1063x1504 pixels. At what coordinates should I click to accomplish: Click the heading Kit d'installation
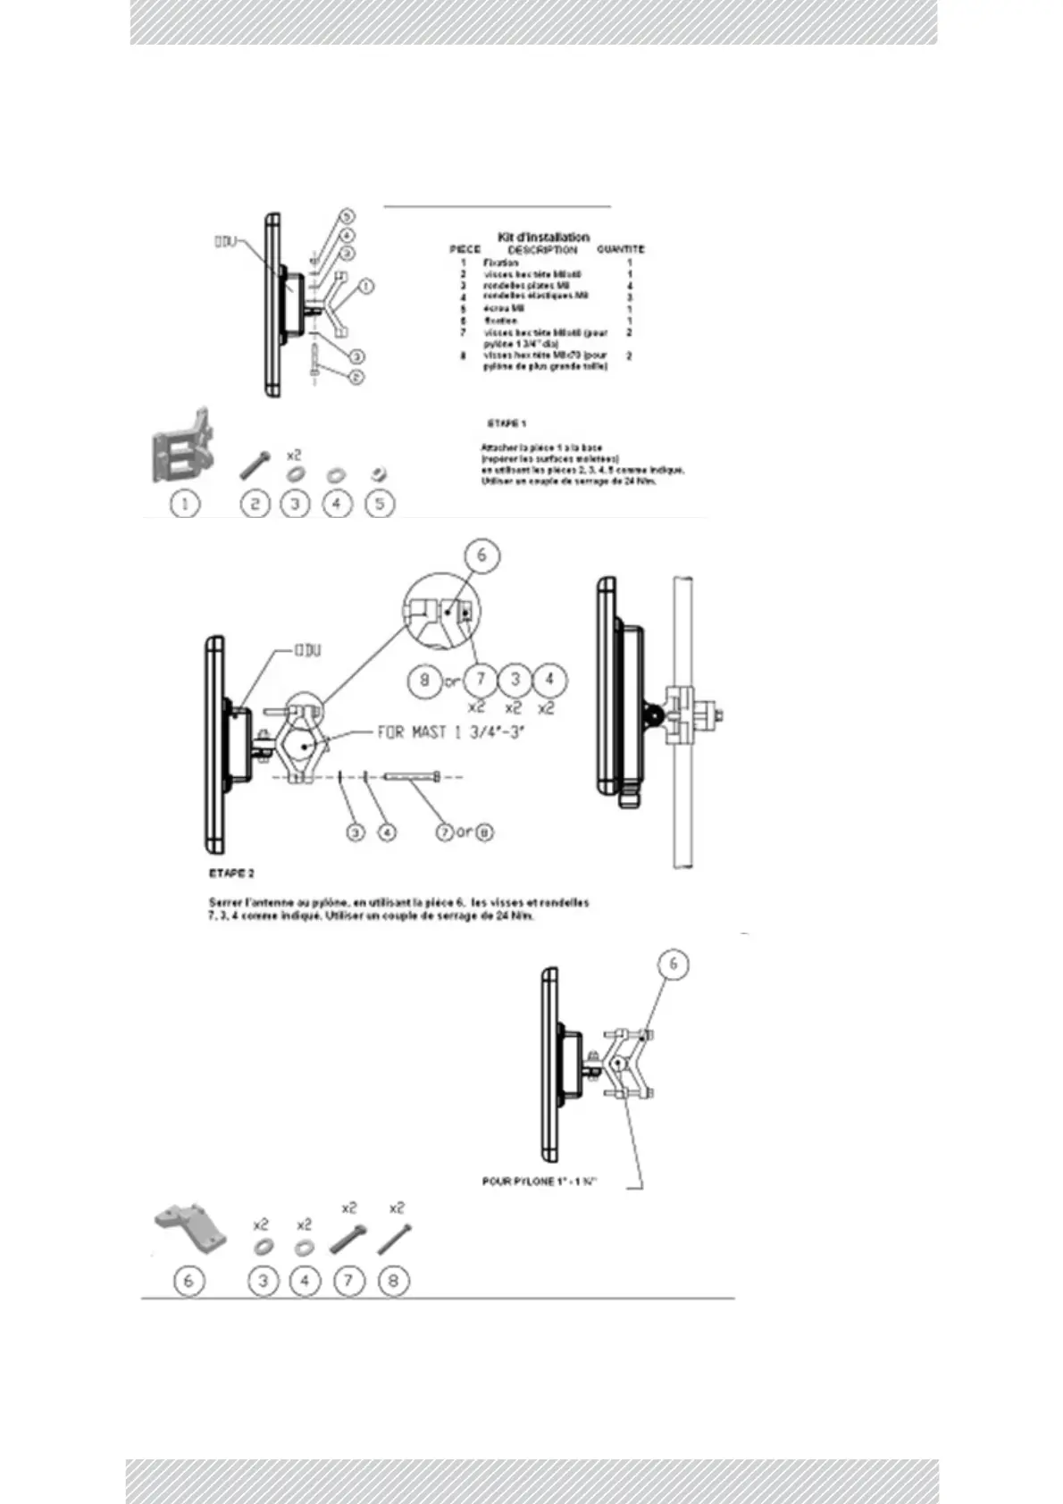tap(543, 237)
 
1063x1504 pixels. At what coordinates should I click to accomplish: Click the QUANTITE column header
tap(620, 249)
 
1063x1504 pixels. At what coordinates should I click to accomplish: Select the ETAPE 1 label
tap(506, 422)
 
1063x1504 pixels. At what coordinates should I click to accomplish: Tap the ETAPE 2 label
tap(231, 873)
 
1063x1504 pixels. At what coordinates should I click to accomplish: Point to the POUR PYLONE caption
tap(539, 1182)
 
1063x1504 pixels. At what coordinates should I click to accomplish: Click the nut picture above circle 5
tap(379, 472)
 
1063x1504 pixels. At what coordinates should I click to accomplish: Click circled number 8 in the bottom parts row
tap(393, 1281)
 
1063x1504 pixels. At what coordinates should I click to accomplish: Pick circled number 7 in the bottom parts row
tap(348, 1281)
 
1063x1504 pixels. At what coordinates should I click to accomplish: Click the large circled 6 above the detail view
tap(481, 556)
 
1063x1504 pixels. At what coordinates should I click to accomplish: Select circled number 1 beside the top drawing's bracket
tap(365, 287)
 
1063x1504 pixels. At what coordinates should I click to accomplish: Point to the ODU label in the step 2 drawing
tap(307, 650)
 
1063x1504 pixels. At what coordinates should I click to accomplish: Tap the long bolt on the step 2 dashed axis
tap(413, 777)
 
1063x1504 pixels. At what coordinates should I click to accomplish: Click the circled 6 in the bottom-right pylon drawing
tap(674, 964)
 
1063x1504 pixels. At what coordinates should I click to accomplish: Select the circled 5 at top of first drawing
tap(347, 216)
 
